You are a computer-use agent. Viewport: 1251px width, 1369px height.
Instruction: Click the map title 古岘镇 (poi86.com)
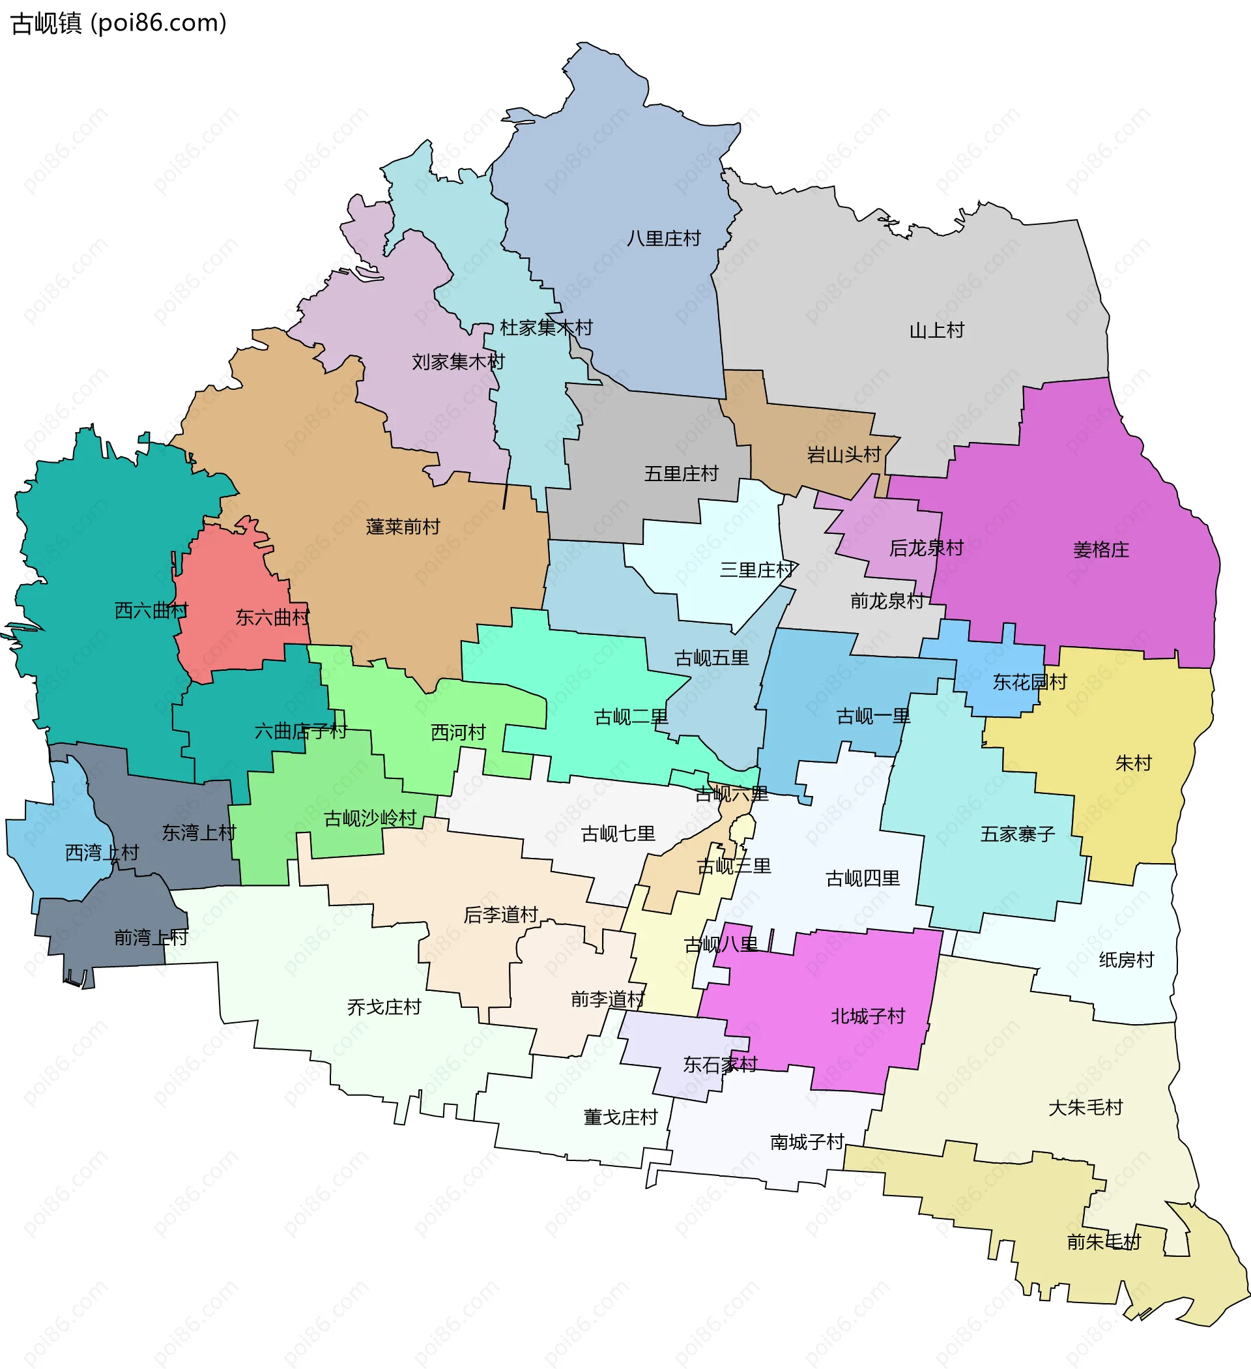tap(119, 23)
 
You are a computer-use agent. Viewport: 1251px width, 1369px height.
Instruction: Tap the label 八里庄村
tap(663, 239)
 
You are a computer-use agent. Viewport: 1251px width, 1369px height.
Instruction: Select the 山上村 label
tap(937, 331)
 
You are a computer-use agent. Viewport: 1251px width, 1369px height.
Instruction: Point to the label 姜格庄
tap(1101, 550)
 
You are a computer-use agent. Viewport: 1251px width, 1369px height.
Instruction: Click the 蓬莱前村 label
tap(403, 526)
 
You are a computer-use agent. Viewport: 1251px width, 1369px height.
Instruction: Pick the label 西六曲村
tap(151, 610)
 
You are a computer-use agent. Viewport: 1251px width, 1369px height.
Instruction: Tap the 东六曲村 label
tap(272, 617)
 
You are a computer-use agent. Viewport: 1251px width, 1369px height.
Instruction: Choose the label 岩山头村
tap(844, 454)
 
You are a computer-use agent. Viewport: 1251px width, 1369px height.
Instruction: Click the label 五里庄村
tap(681, 473)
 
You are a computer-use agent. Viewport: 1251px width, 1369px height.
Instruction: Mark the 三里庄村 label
tap(757, 570)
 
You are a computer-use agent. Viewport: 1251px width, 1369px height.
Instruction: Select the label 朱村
tap(1134, 763)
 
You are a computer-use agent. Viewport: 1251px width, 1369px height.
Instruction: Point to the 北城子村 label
tap(868, 1016)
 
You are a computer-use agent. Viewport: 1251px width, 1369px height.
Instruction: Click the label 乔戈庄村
tap(384, 1007)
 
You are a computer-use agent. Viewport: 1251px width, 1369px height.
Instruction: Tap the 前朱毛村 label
tap(1104, 1241)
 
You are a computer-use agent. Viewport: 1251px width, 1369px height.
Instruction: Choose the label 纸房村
tap(1127, 960)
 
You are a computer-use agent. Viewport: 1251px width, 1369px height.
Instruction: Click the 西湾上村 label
tap(102, 852)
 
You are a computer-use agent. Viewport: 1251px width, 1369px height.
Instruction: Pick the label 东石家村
tap(720, 1064)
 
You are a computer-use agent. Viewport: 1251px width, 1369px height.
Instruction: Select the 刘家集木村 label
tap(458, 362)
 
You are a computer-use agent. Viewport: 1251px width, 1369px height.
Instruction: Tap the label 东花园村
tap(1029, 682)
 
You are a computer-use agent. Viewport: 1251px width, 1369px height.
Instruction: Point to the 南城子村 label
tap(807, 1141)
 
